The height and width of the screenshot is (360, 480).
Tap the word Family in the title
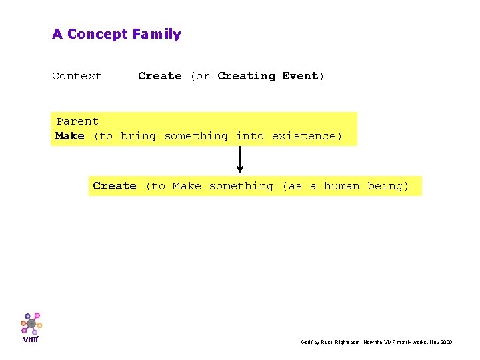(157, 34)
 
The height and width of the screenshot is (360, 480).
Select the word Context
(77, 76)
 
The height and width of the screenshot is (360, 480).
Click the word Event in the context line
(301, 76)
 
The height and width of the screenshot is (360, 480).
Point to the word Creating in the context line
(246, 76)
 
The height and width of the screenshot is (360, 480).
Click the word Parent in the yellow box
(77, 121)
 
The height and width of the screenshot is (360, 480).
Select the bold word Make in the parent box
(70, 136)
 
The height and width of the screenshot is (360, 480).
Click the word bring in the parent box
(138, 136)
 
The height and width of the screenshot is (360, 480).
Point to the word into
(250, 136)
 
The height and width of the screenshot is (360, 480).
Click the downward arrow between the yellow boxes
(240, 160)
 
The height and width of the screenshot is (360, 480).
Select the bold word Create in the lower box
(115, 186)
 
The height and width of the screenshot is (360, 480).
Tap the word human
(341, 186)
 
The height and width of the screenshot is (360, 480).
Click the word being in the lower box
(387, 186)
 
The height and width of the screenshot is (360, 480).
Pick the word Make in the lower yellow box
(187, 186)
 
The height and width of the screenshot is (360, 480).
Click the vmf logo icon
(31, 323)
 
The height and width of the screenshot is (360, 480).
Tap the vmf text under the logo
(31, 339)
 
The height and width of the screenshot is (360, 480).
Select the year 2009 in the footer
(447, 342)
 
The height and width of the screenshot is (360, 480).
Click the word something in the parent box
(196, 136)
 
